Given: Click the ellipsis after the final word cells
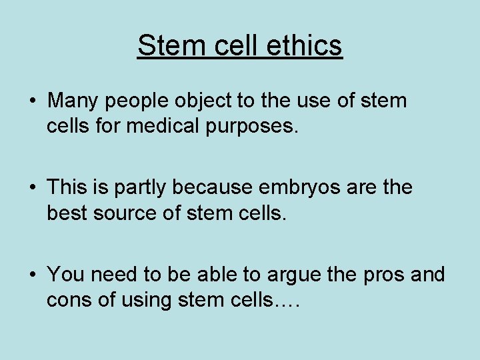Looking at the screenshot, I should (287, 303).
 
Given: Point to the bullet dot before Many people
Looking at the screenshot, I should (32, 102).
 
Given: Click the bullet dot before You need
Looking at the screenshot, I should (32, 275).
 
